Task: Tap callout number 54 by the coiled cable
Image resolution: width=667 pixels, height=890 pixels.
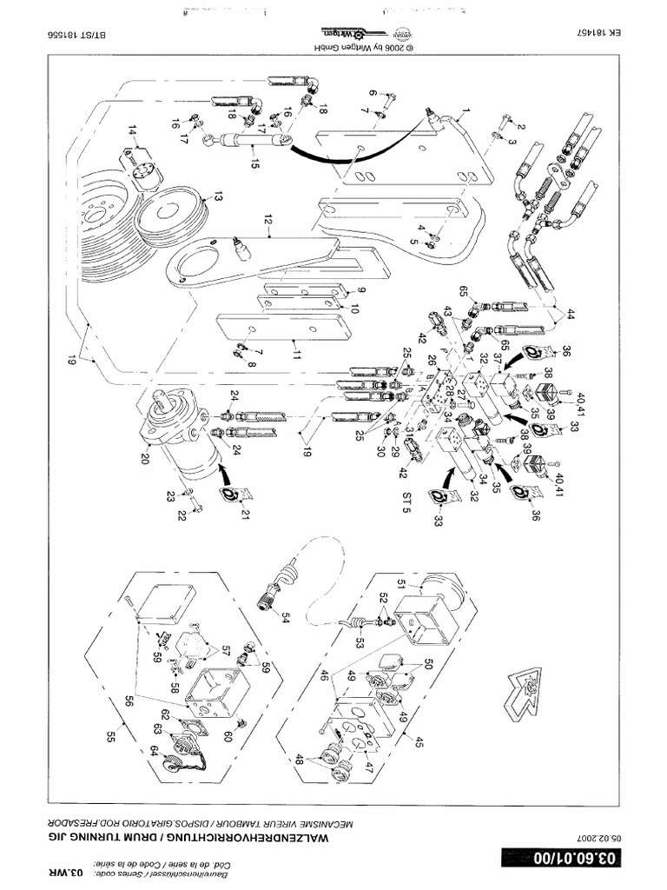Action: click(285, 615)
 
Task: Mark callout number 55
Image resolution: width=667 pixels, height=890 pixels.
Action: click(110, 737)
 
